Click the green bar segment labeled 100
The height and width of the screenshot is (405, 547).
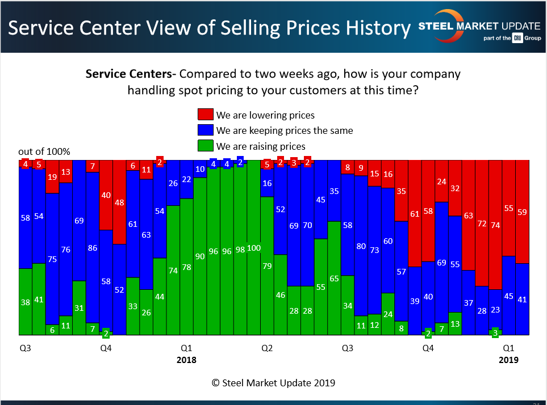coord(253,248)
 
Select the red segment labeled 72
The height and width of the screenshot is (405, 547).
coord(482,223)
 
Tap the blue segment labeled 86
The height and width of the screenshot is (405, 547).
coord(92,248)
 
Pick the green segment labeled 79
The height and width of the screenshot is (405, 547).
coord(267,265)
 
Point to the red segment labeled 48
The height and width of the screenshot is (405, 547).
coord(119,202)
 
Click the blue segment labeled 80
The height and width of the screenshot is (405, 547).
coord(361,246)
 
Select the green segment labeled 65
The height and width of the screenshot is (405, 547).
coord(334,278)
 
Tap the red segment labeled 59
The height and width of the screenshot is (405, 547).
coord(522,212)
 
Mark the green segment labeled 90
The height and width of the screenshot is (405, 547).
coord(200,256)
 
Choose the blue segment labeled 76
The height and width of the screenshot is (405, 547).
coord(65,250)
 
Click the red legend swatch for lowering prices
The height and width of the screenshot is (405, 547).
coord(205,115)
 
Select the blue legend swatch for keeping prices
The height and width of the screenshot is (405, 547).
coord(205,130)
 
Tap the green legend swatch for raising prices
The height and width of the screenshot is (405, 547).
coord(205,146)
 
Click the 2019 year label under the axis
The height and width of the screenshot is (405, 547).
coord(508,360)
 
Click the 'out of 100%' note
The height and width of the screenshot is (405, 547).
coord(44,151)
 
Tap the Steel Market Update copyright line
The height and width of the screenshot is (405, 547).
coord(273,383)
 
